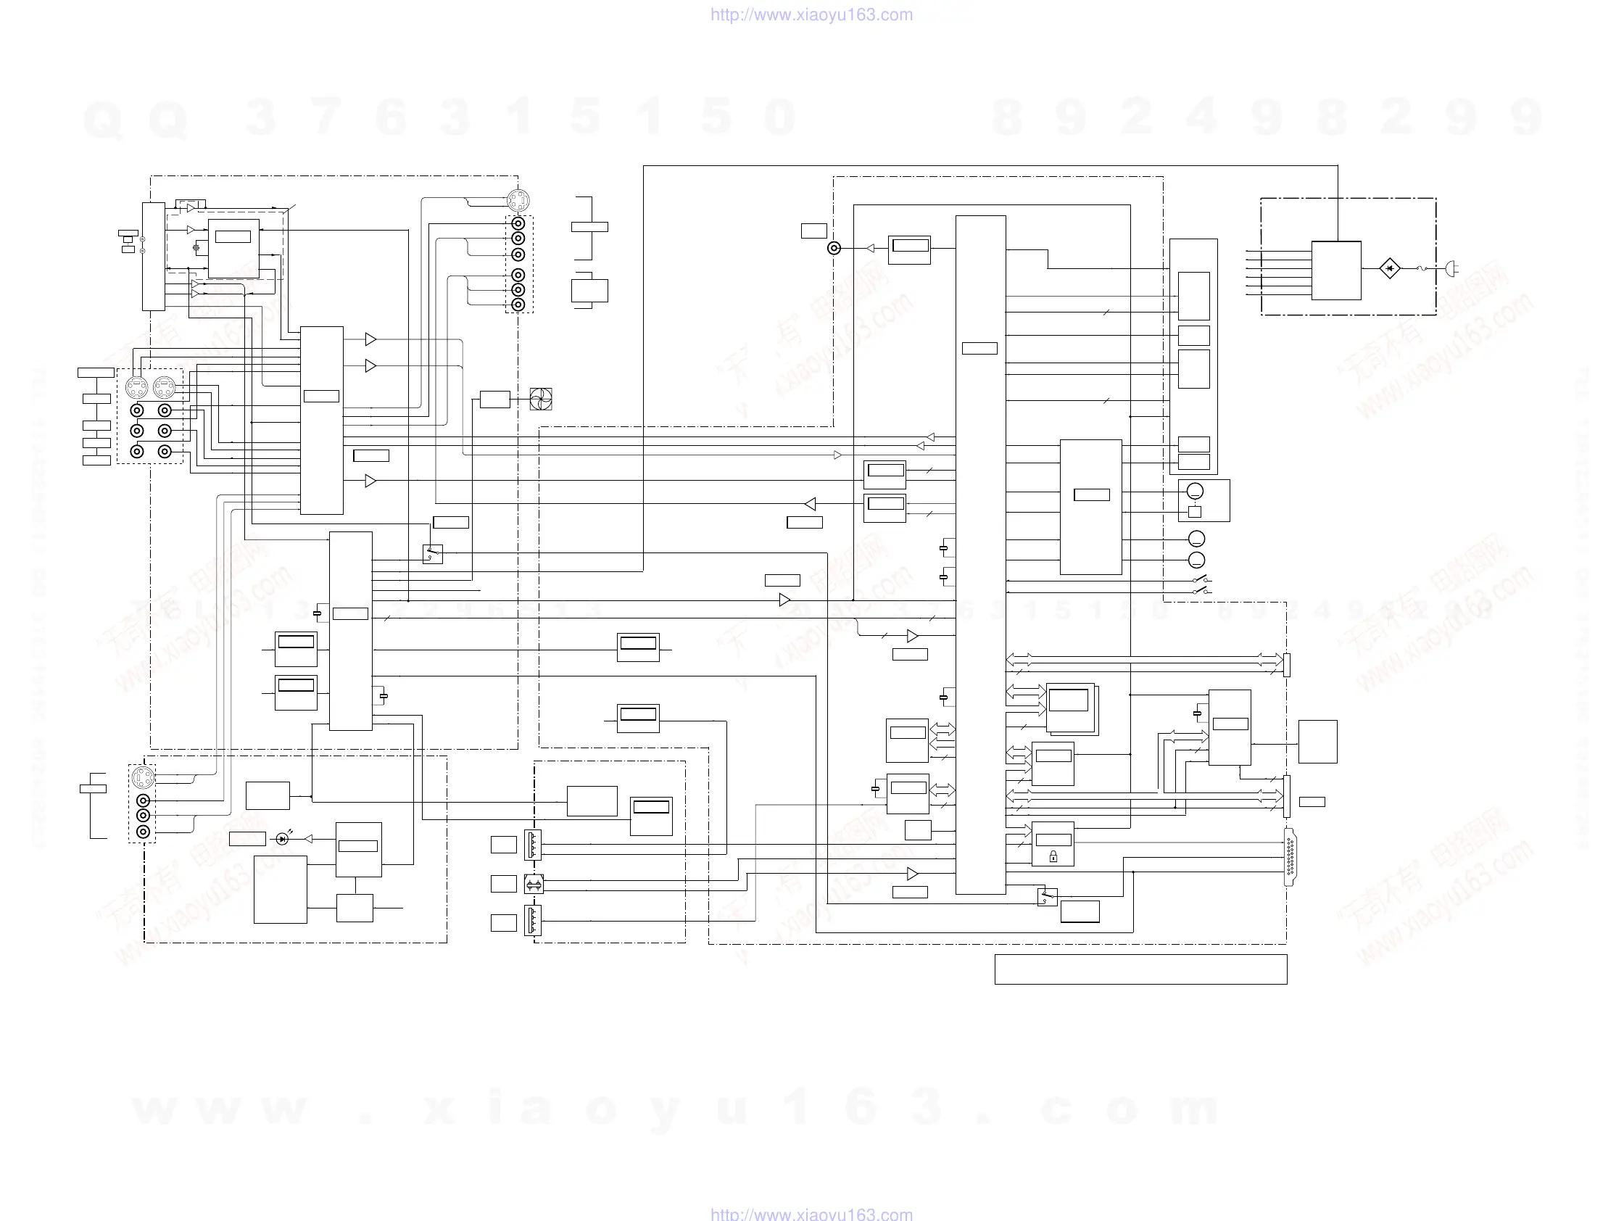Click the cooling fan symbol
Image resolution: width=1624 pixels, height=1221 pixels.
(x=540, y=399)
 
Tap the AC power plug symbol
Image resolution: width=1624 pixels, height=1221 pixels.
(x=1451, y=270)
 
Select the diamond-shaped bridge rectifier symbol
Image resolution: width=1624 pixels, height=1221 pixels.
(x=1389, y=269)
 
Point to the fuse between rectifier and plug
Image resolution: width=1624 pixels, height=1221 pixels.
(x=1422, y=269)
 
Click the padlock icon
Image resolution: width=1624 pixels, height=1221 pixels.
(x=1053, y=856)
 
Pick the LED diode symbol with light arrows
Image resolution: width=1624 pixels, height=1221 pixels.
(x=283, y=838)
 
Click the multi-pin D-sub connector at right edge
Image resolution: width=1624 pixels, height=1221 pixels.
(x=1290, y=856)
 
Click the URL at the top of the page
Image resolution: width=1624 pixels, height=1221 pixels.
(x=811, y=15)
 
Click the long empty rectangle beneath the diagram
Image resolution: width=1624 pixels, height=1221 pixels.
(x=1140, y=969)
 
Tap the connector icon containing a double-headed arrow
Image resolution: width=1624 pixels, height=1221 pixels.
(x=534, y=885)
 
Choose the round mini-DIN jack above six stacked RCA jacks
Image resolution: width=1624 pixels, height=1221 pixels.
(x=518, y=199)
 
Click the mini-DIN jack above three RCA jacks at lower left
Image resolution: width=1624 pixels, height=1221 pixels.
(x=142, y=777)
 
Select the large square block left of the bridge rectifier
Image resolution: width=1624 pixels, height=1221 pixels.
(x=1336, y=270)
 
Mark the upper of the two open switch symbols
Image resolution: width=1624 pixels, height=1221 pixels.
(x=1201, y=579)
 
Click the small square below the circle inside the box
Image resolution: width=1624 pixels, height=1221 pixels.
(x=1195, y=512)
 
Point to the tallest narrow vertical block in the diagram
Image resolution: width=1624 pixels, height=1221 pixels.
(x=980, y=555)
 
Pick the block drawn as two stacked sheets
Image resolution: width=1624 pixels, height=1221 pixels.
(x=1071, y=708)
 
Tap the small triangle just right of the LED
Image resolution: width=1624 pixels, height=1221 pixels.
(x=308, y=838)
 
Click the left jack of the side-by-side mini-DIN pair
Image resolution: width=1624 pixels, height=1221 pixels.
(x=136, y=386)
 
